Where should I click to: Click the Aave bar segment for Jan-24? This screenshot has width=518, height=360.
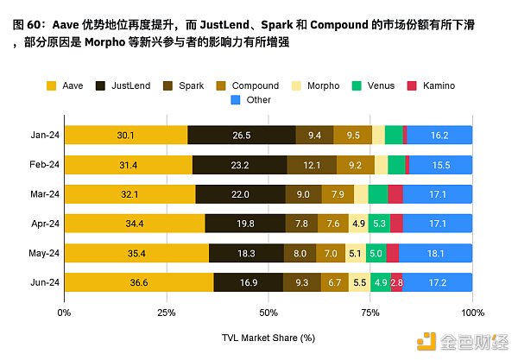(125, 135)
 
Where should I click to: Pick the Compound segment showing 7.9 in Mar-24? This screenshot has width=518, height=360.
(337, 193)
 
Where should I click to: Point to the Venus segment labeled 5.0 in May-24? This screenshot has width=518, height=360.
(375, 253)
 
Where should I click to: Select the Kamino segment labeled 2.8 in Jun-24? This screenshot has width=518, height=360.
(396, 282)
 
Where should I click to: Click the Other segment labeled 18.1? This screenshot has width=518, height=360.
(435, 253)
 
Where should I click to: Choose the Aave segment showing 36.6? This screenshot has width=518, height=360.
(138, 282)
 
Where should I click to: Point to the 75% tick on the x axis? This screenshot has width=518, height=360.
(371, 312)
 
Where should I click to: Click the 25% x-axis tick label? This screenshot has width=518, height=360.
(166, 312)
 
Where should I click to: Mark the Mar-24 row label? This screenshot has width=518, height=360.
(42, 193)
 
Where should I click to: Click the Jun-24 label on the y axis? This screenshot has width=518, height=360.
(42, 282)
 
